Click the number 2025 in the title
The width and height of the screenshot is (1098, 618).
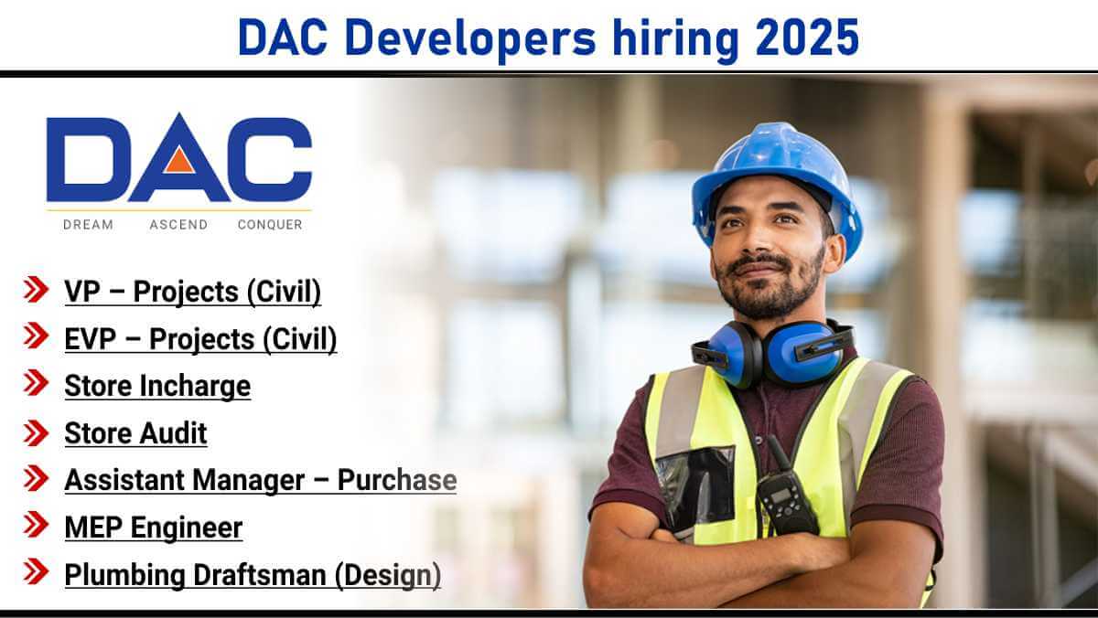807,37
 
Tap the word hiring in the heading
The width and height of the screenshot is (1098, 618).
675,40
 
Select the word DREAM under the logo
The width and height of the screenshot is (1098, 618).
88,225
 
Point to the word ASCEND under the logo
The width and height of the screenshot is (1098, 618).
178,225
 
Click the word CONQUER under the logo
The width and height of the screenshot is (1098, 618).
270,225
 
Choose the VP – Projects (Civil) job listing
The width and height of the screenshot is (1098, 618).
193,292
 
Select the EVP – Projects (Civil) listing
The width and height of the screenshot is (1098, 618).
200,339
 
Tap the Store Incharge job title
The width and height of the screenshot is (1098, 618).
157,386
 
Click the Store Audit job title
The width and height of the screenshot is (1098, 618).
135,433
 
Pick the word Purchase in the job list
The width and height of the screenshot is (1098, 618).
397,480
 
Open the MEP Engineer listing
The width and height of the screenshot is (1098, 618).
154,527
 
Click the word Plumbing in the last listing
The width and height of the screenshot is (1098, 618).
124,575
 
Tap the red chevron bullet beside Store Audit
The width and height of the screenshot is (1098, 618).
36,433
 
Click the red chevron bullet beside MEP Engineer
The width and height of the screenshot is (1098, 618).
36,524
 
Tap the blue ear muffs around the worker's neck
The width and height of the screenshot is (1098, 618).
772,352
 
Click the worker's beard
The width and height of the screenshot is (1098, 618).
768,290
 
